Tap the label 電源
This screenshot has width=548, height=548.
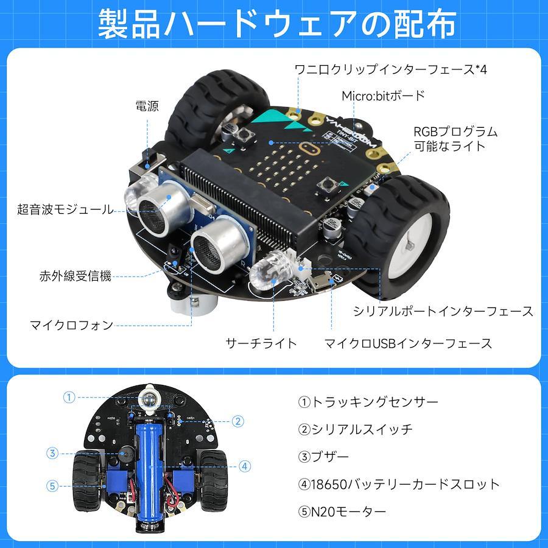tap(147, 106)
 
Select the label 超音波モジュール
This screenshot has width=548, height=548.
tap(65, 209)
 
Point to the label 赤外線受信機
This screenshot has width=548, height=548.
tap(75, 276)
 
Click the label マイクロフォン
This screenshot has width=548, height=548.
tap(72, 325)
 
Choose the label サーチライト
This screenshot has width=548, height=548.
tap(261, 343)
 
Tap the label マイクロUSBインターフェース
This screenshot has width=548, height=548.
tap(408, 343)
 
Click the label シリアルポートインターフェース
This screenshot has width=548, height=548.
tap(443, 311)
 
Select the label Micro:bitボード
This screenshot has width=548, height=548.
tap(383, 96)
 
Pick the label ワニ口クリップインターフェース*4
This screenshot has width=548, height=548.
tap(391, 69)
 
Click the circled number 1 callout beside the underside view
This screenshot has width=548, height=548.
tap(69, 398)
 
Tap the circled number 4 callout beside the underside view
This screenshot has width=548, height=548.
tap(245, 466)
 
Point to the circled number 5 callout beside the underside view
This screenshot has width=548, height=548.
tap(52, 486)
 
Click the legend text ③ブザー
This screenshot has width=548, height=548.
tap(323, 457)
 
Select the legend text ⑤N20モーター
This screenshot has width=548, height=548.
tap(342, 511)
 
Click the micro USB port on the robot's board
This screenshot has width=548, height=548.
tap(320, 283)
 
